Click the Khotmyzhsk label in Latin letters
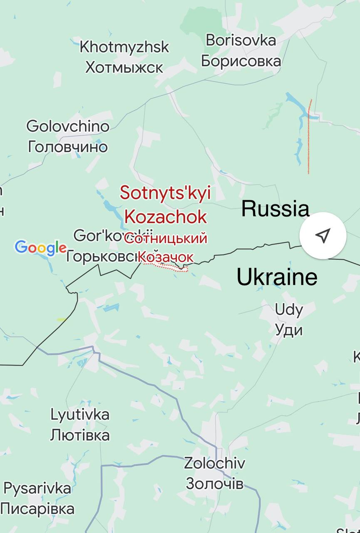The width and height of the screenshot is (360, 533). (124, 47)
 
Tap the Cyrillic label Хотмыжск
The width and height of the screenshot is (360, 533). (124, 67)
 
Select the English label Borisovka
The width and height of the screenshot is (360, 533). (241, 40)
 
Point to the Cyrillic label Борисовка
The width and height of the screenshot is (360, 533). (241, 61)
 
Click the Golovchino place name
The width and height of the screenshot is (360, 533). (68, 126)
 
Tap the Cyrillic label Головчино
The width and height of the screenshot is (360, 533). (68, 147)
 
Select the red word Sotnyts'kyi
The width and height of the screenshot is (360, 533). (166, 193)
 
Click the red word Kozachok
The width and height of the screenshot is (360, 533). (166, 217)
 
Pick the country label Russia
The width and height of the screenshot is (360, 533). (276, 209)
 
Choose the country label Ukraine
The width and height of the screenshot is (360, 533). (277, 277)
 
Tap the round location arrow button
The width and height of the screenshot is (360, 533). (323, 235)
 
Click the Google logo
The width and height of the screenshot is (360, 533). (40, 248)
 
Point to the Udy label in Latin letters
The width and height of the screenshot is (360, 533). (289, 310)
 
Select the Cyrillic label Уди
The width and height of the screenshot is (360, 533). (289, 330)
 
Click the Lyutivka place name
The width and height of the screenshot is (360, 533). (80, 415)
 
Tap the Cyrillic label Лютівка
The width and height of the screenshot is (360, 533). (80, 435)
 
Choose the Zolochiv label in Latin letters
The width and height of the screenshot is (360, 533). (215, 463)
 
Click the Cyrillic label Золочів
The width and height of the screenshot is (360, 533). (215, 483)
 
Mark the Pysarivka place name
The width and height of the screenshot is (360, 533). (37, 488)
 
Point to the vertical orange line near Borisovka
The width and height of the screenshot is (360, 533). (309, 137)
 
